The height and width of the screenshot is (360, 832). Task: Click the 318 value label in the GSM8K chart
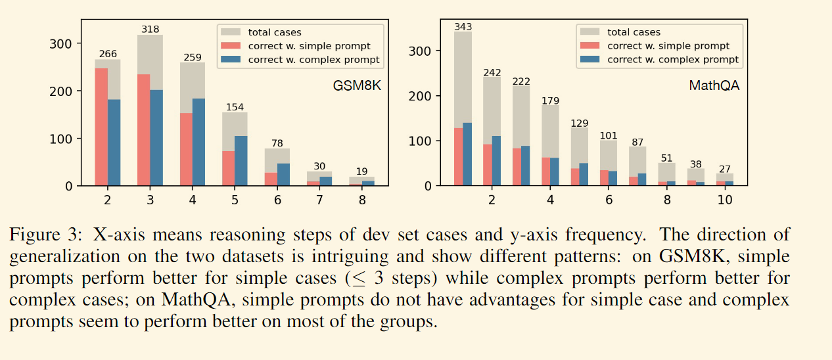150,30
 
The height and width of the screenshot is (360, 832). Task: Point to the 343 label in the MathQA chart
463,27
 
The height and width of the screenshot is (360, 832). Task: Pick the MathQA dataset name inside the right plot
714,85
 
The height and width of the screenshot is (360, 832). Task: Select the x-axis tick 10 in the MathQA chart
725,200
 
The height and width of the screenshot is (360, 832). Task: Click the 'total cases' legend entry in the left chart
275,32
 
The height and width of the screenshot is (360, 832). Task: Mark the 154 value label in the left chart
235,107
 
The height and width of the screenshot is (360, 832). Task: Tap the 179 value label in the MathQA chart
550,101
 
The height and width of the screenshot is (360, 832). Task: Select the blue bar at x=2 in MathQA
497,161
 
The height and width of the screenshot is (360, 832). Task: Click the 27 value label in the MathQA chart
724,169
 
